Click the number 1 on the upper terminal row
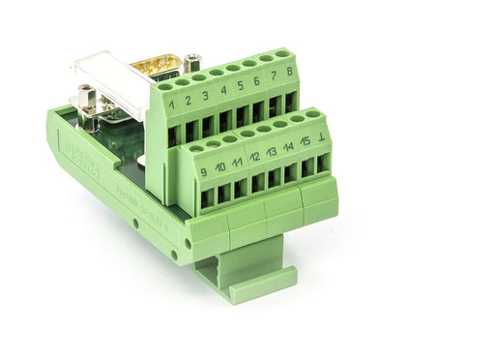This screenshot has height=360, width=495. point(171,104)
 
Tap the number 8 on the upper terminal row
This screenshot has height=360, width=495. point(289,73)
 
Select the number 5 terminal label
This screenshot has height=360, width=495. point(242,85)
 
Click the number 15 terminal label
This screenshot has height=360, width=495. point(305,142)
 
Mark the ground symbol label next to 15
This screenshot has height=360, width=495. point(322,137)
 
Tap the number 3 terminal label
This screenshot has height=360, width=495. point(206,95)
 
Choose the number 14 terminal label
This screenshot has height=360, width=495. point(288,147)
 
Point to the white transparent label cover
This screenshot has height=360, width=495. point(106,77)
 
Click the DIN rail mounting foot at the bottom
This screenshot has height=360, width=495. point(247,276)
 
